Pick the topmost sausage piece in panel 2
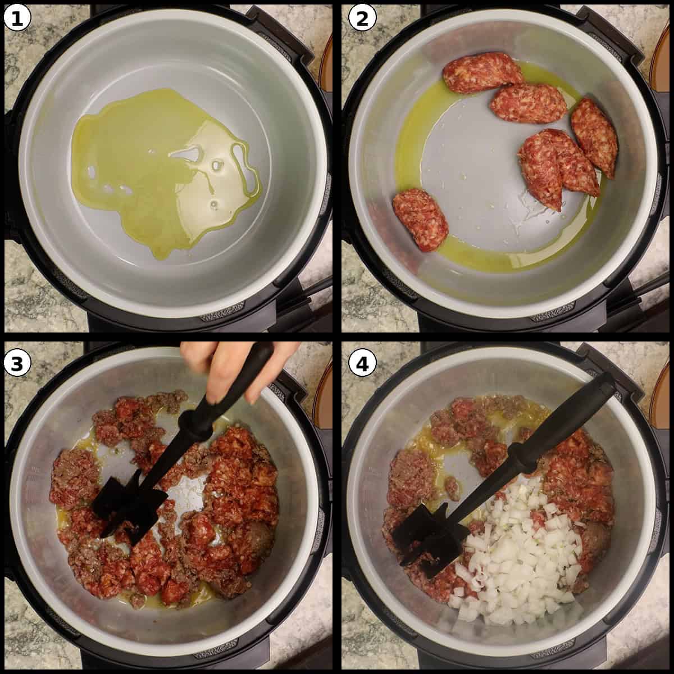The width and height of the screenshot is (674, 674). tap(483, 72)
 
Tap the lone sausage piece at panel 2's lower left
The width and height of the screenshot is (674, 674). tap(420, 219)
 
